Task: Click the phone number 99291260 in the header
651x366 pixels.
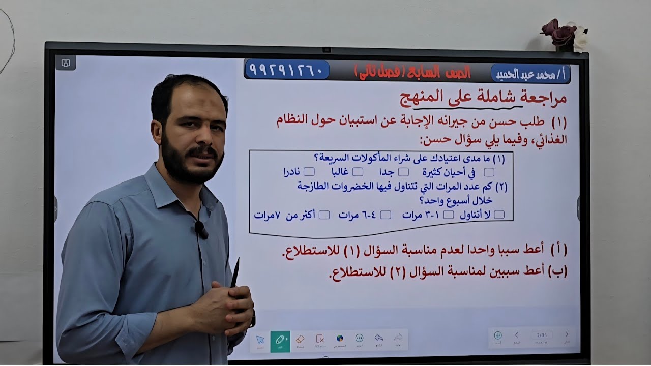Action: (x=286, y=70)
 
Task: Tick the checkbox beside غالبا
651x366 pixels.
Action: (x=358, y=172)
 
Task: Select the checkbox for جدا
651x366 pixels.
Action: (x=403, y=172)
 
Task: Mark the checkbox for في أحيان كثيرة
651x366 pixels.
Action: (x=489, y=172)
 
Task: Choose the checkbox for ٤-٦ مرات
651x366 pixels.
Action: (x=386, y=215)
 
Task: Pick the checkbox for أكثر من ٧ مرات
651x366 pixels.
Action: (x=324, y=215)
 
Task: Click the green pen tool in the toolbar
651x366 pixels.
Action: (x=280, y=340)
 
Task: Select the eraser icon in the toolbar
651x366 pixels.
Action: (x=300, y=340)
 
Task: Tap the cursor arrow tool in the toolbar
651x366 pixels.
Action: (x=260, y=340)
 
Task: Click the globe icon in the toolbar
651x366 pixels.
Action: (x=340, y=339)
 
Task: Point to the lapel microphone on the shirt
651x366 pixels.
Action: (x=201, y=230)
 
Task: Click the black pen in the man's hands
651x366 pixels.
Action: (x=234, y=274)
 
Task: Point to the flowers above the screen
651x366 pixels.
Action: (x=564, y=34)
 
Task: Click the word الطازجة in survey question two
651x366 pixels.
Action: (x=318, y=186)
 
